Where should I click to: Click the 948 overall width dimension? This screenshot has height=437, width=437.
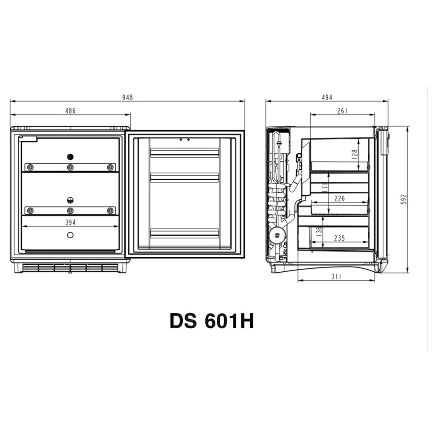(x=127, y=97)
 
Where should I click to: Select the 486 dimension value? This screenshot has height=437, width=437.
(x=70, y=111)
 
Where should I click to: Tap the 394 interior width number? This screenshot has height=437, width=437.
(x=70, y=223)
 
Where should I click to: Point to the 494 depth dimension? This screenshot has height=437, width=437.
(x=326, y=97)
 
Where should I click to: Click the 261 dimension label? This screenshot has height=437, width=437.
(x=342, y=111)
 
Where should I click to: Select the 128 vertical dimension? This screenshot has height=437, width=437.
(x=355, y=154)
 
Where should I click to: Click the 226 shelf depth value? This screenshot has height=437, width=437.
(x=339, y=199)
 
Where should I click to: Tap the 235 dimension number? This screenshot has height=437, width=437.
(x=339, y=238)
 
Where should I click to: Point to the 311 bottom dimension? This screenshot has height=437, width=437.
(x=336, y=277)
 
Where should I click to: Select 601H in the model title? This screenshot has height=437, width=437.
(x=229, y=321)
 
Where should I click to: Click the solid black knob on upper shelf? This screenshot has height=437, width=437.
(x=70, y=157)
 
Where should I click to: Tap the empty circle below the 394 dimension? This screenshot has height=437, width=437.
(x=70, y=235)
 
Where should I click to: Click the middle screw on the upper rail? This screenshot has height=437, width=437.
(x=70, y=167)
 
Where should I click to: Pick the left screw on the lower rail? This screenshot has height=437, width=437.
(x=30, y=211)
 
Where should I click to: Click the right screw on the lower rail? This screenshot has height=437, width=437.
(x=110, y=211)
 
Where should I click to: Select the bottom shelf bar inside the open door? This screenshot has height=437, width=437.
(x=185, y=232)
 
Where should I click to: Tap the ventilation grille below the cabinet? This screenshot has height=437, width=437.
(x=70, y=267)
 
